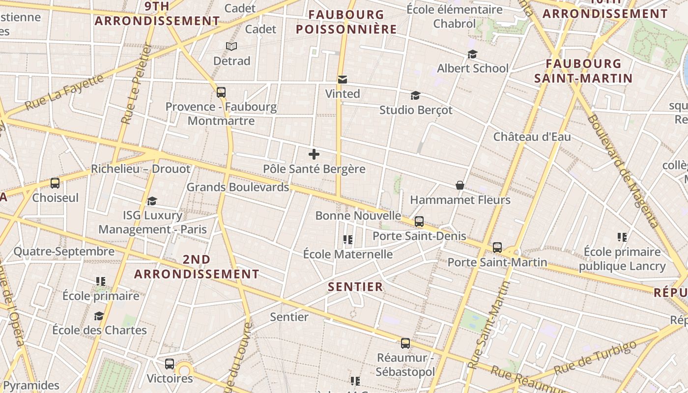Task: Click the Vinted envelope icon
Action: (x=343, y=80)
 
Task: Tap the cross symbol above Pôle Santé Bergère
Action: (x=314, y=154)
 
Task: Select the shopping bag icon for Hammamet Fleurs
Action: (x=460, y=185)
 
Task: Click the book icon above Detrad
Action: (x=231, y=47)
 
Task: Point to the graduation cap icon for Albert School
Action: (x=472, y=54)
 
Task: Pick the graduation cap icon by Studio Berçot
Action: (x=416, y=95)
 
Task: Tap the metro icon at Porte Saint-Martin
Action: (x=497, y=247)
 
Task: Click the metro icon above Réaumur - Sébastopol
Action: (x=405, y=343)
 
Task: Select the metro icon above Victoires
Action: (x=170, y=364)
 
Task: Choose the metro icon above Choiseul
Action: (x=55, y=183)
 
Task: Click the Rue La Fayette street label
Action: (x=64, y=92)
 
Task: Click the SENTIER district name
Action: (x=355, y=287)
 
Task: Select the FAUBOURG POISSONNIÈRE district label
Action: (x=346, y=22)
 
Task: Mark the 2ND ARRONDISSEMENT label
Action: (x=197, y=267)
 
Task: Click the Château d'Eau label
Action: (x=532, y=137)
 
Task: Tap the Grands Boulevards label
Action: (x=238, y=187)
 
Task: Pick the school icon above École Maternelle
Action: (x=348, y=240)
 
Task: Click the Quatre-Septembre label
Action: (x=64, y=252)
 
